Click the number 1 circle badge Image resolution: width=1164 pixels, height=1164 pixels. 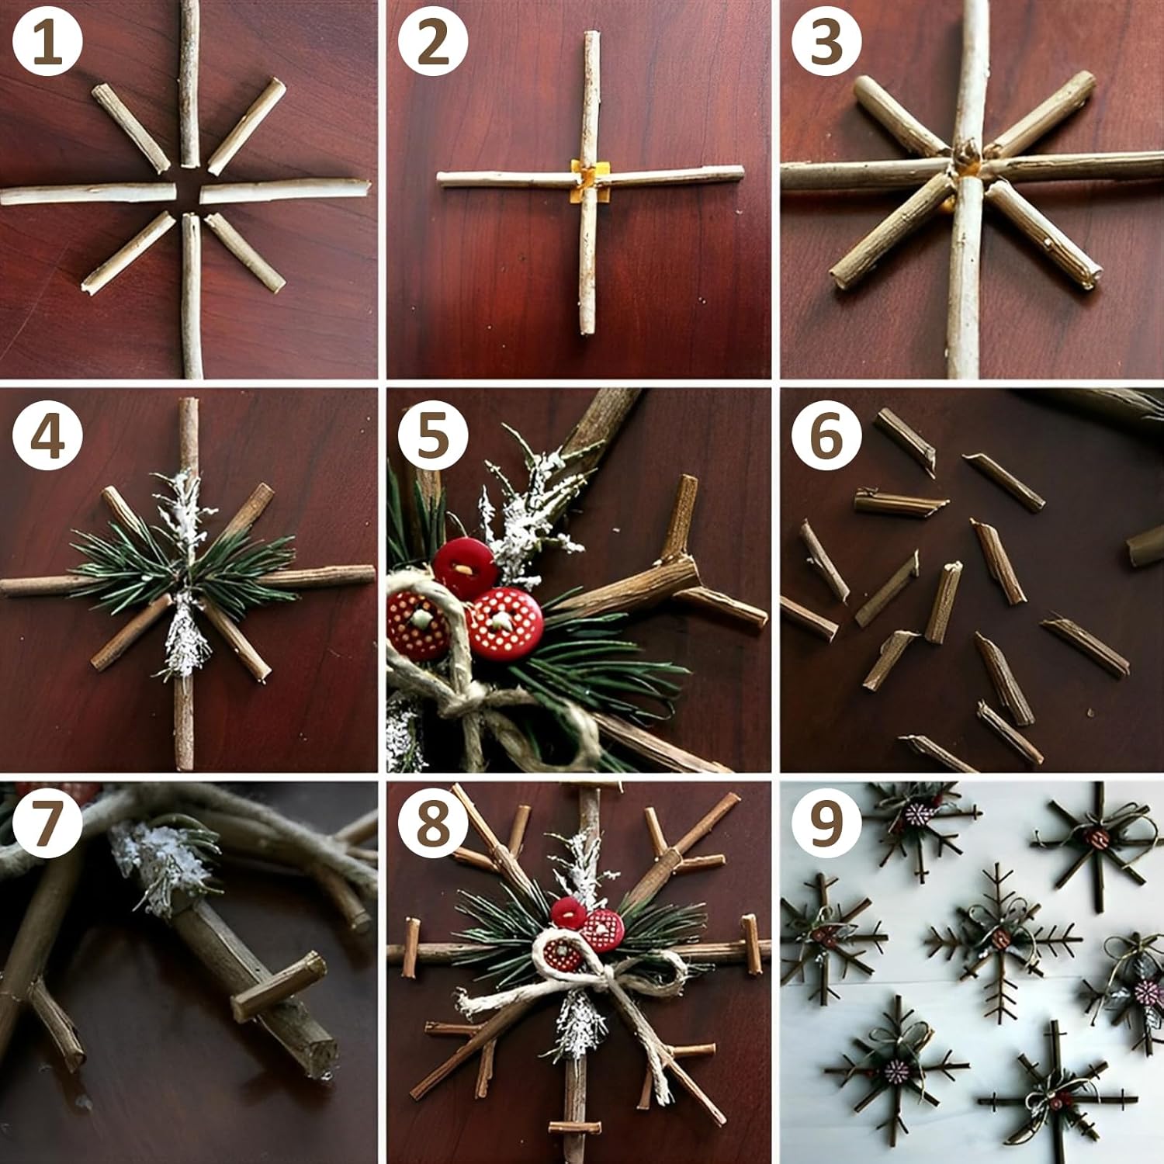(x=47, y=42)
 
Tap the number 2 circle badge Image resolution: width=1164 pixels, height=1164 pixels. (x=433, y=42)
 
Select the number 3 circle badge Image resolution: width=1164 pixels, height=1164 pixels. (x=826, y=42)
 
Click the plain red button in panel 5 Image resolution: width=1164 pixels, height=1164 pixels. (x=465, y=568)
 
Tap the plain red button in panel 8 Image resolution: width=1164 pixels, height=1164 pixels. (x=569, y=913)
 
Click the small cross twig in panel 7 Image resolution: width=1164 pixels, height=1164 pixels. (x=279, y=986)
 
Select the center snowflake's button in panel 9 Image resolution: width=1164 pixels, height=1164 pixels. (x=1000, y=938)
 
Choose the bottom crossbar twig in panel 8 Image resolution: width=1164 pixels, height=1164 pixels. (x=574, y=1126)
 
